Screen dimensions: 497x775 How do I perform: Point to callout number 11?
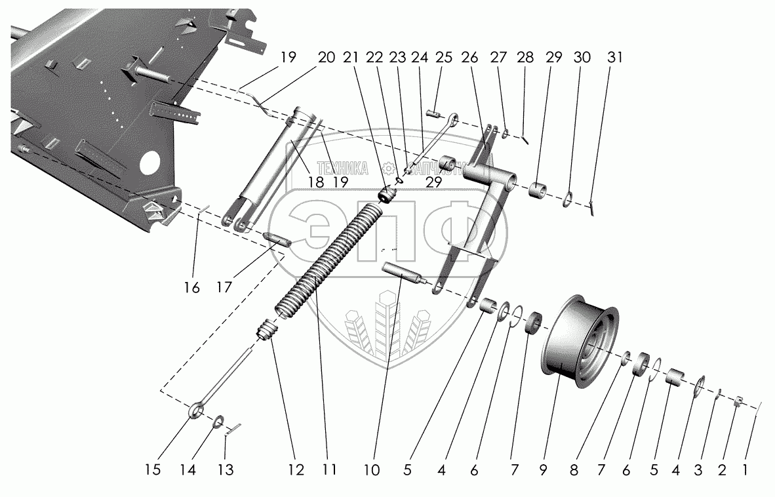(x=328, y=469)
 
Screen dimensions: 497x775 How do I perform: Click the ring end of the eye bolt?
(x=196, y=411)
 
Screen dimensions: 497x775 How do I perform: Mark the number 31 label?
(x=614, y=57)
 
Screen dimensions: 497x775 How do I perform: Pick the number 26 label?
(x=469, y=57)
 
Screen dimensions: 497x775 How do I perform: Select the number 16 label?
(x=191, y=287)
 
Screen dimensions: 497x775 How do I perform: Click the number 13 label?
(x=225, y=469)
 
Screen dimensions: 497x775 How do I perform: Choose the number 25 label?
(x=444, y=57)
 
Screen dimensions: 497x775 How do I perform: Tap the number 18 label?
(x=315, y=182)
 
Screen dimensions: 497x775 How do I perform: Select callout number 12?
(x=294, y=469)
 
